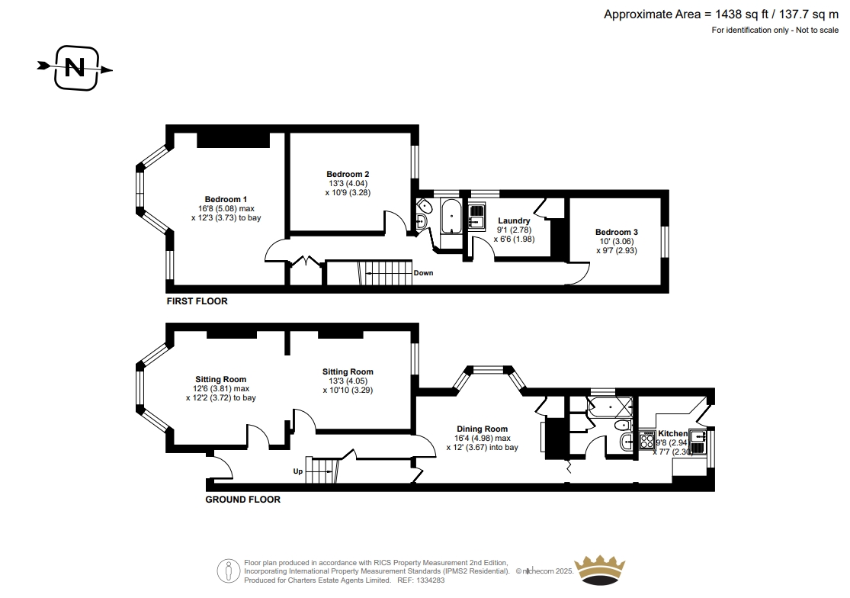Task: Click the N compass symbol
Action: tap(75, 69)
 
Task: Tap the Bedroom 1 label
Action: tap(226, 200)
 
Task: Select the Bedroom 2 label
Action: tap(348, 174)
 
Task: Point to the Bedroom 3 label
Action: tap(617, 232)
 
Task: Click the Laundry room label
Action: tap(514, 220)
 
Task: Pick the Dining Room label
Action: tap(482, 429)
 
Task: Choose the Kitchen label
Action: tap(672, 434)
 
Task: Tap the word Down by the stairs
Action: tap(423, 273)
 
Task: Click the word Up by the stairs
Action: tap(298, 471)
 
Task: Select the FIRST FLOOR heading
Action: tap(197, 301)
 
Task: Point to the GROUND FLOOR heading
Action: tap(243, 500)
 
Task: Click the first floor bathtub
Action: tap(451, 217)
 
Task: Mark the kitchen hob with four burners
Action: tap(647, 439)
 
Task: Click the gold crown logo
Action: tap(600, 571)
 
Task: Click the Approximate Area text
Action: tap(721, 14)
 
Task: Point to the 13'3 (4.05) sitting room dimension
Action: tap(348, 381)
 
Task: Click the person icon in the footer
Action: tap(229, 571)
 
